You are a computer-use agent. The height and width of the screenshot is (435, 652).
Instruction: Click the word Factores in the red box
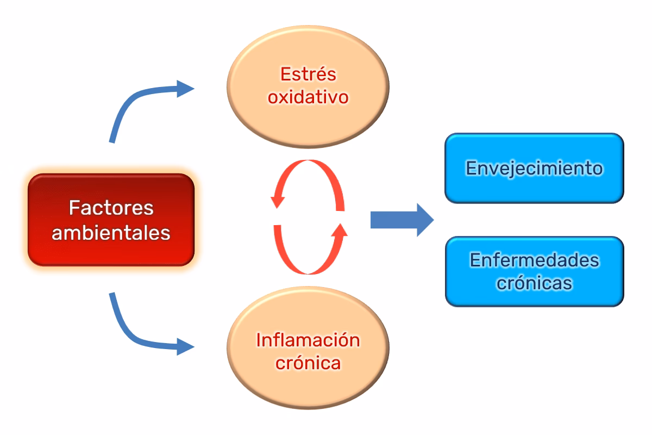coord(111,208)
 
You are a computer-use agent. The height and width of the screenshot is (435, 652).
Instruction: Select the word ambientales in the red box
coord(111,233)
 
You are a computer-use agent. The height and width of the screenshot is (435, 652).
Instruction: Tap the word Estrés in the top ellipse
coord(308,73)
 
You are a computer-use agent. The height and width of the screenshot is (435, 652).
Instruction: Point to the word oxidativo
coord(308,97)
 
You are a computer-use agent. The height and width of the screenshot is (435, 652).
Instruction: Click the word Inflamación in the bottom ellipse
coord(308,340)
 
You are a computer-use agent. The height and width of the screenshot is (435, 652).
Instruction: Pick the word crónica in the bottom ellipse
coord(308,363)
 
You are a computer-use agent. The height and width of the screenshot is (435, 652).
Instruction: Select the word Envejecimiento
coord(534,168)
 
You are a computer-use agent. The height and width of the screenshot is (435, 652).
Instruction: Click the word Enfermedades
coord(534,260)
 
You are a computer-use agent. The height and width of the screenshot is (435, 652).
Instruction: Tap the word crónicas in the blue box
coord(534,283)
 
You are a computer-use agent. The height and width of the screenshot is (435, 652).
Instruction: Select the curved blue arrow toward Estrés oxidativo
coord(136,103)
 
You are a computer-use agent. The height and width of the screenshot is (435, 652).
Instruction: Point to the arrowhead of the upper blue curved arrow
coord(185,88)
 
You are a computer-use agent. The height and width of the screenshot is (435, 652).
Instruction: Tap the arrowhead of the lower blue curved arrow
coord(185,346)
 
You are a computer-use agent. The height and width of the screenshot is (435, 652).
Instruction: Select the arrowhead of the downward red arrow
coord(278,201)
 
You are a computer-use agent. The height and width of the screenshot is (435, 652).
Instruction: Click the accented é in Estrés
coord(321,73)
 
